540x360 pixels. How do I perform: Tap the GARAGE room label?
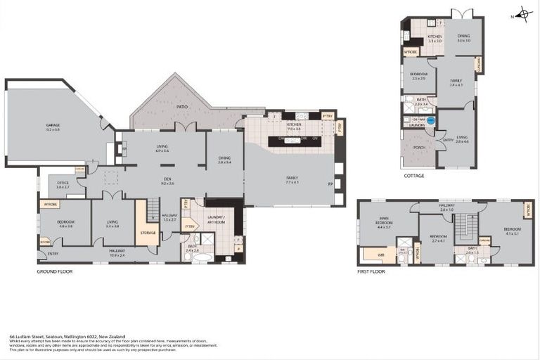pyautogui.click(x=53, y=127)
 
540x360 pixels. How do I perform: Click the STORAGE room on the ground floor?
pyautogui.click(x=148, y=233)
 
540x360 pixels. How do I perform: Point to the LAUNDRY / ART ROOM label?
pyautogui.click(x=215, y=219)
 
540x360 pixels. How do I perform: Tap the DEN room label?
pyautogui.click(x=167, y=181)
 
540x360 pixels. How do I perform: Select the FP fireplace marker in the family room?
pyautogui.click(x=330, y=184)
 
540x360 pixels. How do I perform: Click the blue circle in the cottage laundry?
pyautogui.click(x=431, y=120)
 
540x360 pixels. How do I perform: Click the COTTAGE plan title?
pyautogui.click(x=414, y=176)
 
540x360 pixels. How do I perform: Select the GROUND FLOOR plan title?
pyautogui.click(x=55, y=271)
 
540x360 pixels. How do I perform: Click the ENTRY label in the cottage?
pyautogui.click(x=448, y=140)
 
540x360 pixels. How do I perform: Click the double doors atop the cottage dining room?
pyautogui.click(x=461, y=14)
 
